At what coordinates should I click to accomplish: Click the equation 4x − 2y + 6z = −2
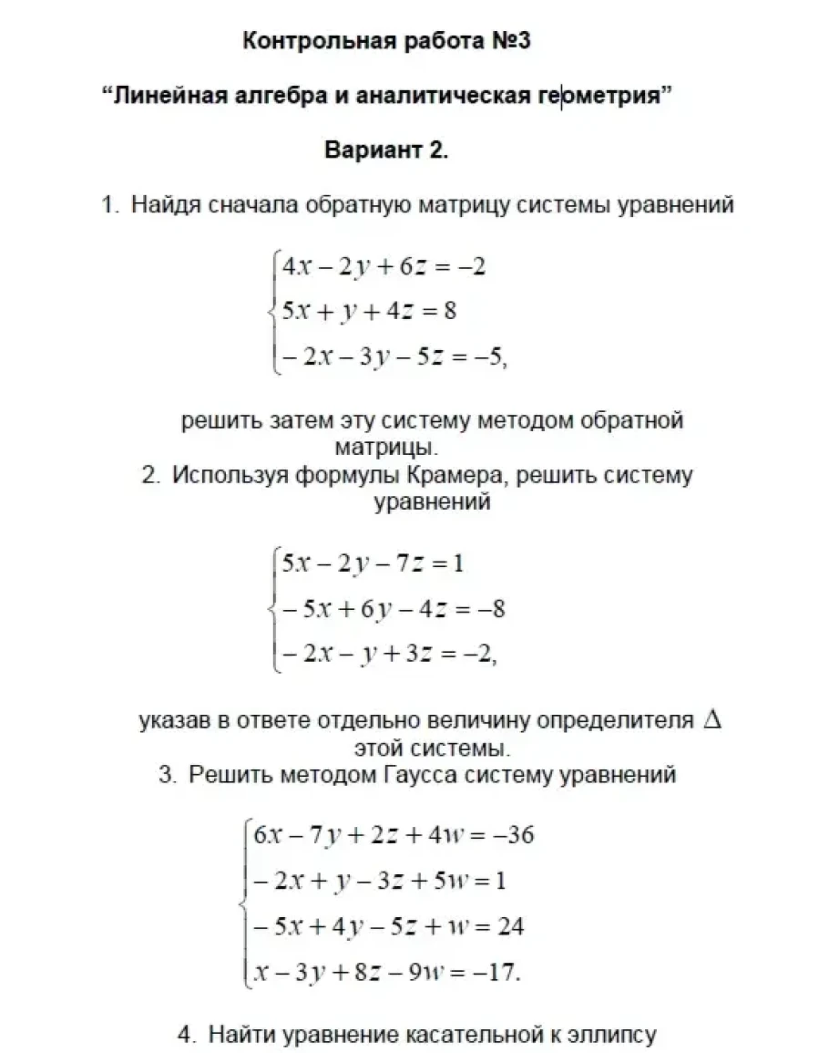[x=384, y=267]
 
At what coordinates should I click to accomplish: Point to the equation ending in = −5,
[x=393, y=356]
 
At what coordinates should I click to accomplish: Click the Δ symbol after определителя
[x=712, y=719]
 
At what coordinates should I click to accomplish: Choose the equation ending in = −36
[x=394, y=835]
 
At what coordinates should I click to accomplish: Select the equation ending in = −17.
[x=387, y=972]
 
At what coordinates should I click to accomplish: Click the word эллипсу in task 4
[x=611, y=1035]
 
